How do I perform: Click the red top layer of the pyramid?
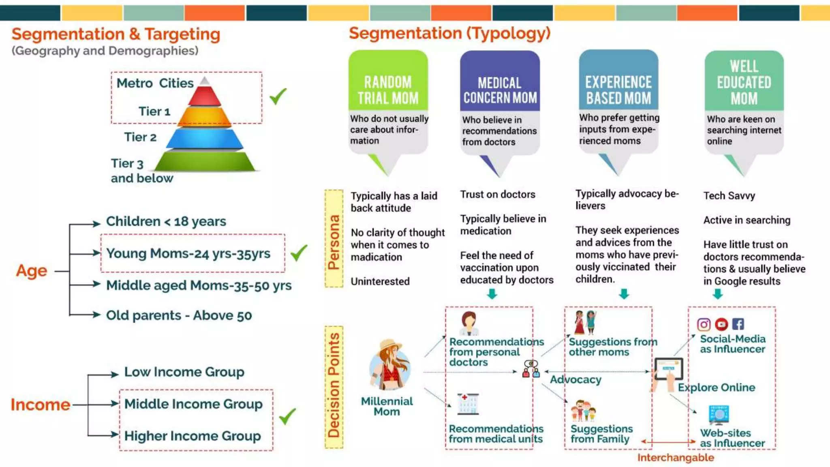pos(204,96)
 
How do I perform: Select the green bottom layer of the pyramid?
pos(205,161)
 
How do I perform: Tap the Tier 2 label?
pos(140,137)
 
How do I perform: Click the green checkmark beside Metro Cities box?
pos(278,96)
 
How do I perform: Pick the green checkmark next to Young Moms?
pos(299,253)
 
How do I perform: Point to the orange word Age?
pos(32,271)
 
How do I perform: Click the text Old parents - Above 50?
pos(179,315)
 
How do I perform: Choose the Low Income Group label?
pos(184,372)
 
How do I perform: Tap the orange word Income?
pos(40,405)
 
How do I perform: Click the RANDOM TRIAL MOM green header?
pos(388,89)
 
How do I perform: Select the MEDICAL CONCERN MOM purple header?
pos(500,90)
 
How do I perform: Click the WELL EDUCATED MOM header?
pos(744,82)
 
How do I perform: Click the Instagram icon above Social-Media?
pos(704,324)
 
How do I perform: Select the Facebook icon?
pos(738,324)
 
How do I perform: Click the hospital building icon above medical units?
pos(468,404)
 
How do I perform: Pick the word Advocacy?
pos(575,380)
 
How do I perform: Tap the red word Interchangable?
pos(676,458)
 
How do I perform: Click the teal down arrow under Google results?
pos(718,293)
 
